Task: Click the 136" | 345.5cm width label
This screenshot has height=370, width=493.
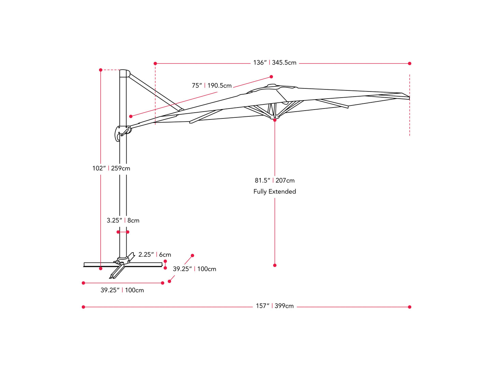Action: (275, 63)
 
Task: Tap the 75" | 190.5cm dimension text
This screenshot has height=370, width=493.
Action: (212, 86)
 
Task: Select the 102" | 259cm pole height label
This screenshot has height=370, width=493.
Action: (111, 168)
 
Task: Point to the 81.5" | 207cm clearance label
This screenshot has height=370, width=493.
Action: (275, 181)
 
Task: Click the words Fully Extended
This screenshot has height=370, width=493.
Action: (275, 191)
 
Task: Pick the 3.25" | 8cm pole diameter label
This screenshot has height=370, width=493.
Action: (123, 220)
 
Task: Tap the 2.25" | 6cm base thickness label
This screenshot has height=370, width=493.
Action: (155, 255)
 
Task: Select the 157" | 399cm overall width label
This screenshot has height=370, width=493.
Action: (275, 306)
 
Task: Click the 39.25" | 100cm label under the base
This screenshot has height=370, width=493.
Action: (122, 290)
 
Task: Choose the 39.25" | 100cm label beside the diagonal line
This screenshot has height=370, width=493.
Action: (194, 269)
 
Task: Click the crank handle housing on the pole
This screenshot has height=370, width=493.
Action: (122, 132)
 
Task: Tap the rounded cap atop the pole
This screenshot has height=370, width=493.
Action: (125, 73)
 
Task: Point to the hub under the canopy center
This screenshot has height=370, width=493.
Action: (275, 117)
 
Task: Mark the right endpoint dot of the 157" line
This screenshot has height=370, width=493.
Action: (409, 307)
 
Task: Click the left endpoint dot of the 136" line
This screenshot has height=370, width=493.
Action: (155, 63)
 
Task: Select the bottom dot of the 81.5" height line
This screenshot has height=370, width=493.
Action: (275, 265)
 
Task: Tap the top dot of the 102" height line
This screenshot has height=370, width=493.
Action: (101, 70)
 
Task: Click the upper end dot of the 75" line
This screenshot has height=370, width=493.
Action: (271, 77)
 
